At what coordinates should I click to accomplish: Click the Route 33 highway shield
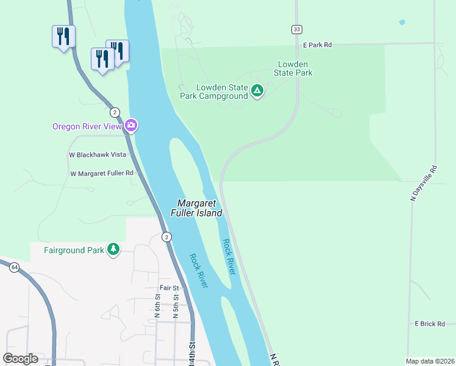click(x=296, y=29)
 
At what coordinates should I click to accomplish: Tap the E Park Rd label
click(x=317, y=45)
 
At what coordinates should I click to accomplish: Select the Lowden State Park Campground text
click(x=213, y=91)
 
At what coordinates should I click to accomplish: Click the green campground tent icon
click(x=257, y=91)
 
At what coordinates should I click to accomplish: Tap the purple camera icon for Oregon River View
click(x=131, y=126)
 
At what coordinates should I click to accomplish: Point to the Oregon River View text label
click(x=87, y=126)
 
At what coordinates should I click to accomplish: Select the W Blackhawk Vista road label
click(x=97, y=155)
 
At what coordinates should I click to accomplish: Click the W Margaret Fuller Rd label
click(x=101, y=173)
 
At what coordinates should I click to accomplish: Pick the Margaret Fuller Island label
click(x=199, y=208)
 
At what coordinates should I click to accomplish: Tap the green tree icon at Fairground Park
click(x=113, y=249)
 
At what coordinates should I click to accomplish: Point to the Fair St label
click(x=169, y=288)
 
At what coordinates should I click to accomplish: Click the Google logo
click(x=20, y=359)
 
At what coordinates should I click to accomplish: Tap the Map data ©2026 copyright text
click(x=430, y=361)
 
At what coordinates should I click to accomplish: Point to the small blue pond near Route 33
click(x=401, y=23)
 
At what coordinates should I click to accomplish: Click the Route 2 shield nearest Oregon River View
click(x=115, y=112)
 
